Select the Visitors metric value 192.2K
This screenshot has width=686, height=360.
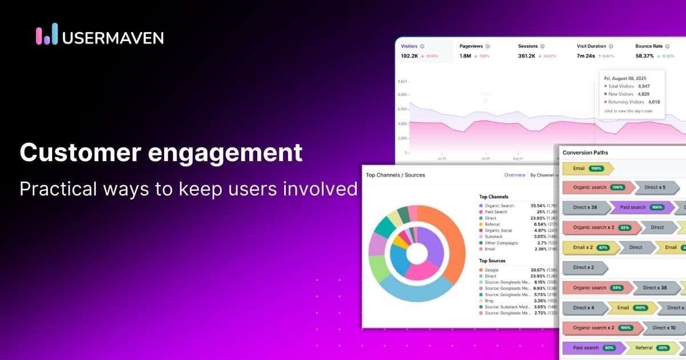[409, 56]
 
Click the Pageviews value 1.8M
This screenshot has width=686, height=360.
[465, 56]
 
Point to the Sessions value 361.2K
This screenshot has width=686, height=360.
[527, 56]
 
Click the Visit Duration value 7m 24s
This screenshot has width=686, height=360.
[586, 56]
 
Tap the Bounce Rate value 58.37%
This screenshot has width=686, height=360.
[644, 56]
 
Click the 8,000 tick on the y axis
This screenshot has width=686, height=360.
[402, 94]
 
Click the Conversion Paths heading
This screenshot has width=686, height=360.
[585, 153]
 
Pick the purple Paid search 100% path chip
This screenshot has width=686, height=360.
[639, 207]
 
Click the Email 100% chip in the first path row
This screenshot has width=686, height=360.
[587, 169]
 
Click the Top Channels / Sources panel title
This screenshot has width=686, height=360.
[395, 175]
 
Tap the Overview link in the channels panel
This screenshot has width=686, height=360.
[514, 175]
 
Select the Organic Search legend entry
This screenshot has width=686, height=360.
[498, 206]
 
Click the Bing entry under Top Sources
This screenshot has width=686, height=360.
[489, 301]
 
